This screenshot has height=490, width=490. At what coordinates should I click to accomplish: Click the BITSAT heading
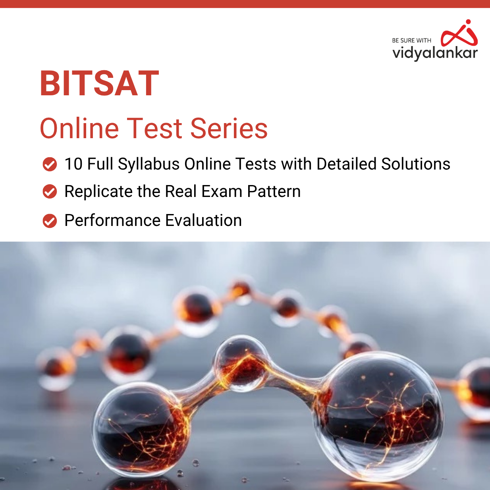click(99, 83)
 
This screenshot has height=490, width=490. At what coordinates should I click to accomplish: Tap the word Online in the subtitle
click(79, 128)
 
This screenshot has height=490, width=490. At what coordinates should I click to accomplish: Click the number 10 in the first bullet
click(73, 164)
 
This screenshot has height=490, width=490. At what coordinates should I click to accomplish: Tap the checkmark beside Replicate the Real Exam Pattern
click(50, 192)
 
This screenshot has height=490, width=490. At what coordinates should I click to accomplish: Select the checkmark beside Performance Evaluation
click(50, 221)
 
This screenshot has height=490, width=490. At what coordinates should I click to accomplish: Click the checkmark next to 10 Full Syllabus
click(50, 164)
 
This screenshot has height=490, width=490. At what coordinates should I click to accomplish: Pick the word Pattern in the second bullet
click(274, 192)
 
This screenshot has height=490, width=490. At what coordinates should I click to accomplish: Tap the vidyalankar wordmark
click(435, 53)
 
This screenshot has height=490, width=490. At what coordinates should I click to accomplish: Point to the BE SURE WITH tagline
click(411, 41)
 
